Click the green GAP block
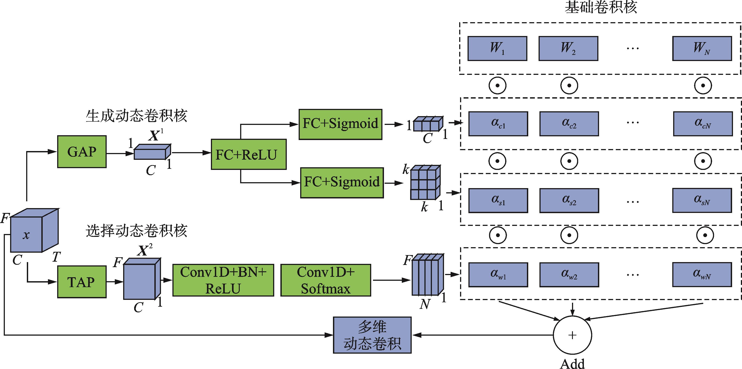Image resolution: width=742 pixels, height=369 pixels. (82, 151)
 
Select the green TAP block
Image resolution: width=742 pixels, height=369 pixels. (82, 282)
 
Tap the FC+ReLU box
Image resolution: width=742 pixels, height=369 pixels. (249, 155)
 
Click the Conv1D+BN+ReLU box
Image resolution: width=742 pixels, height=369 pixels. (223, 280)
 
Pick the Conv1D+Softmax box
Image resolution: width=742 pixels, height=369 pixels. (326, 280)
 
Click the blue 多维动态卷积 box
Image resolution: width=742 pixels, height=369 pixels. (372, 335)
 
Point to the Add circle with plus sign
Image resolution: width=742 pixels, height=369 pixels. (572, 335)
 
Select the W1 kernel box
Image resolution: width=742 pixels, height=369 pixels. (497, 48)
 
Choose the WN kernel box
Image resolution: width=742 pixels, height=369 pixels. (702, 48)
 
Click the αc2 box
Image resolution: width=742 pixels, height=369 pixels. (569, 124)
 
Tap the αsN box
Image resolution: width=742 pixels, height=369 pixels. (702, 200)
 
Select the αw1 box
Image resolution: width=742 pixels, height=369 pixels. (498, 275)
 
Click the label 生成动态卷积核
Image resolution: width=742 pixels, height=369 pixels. (137, 116)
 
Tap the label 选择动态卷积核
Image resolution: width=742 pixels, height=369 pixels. (137, 231)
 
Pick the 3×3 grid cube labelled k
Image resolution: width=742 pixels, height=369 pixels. (425, 183)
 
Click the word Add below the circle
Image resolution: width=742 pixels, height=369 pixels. (572, 364)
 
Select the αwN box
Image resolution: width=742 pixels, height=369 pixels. (702, 275)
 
